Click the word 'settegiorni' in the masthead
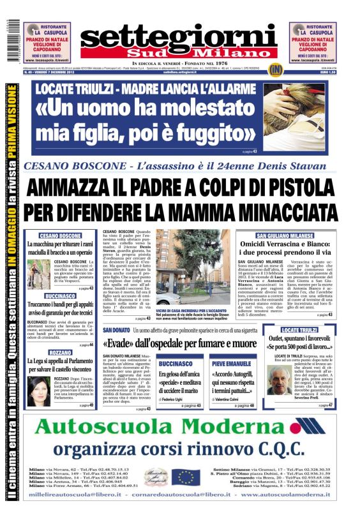click(x=179, y=36)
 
